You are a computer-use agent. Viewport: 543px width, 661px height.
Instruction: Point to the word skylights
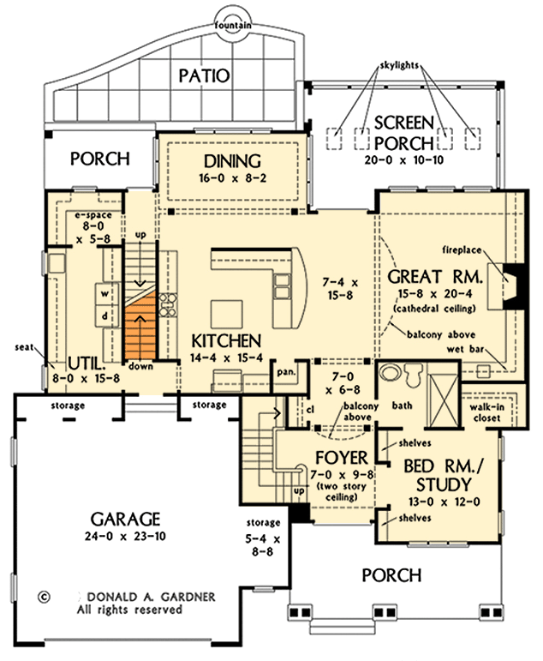[x=400, y=66]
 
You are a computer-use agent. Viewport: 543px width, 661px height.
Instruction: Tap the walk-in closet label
[x=486, y=413]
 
